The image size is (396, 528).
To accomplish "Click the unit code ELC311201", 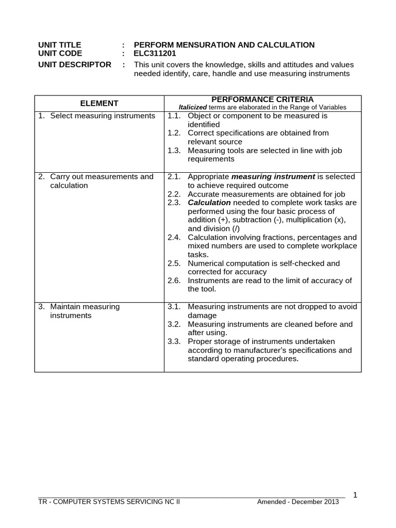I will pyautogui.click(x=155, y=53).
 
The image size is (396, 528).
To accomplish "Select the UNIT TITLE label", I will pyautogui.click(x=60, y=45).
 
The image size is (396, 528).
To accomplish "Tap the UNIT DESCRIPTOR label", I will pyautogui.click(x=75, y=64).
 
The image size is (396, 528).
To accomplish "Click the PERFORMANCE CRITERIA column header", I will pyautogui.click(x=262, y=99).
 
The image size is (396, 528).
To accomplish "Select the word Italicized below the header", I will pyautogui.click(x=192, y=107).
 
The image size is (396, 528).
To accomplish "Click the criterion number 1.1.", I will pyautogui.click(x=175, y=116).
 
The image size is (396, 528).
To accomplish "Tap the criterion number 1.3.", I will pyautogui.click(x=175, y=151).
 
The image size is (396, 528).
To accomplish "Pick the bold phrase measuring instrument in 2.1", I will pyautogui.click(x=273, y=177).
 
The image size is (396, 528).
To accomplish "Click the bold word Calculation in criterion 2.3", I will pyautogui.click(x=209, y=203).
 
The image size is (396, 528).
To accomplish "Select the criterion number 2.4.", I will pyautogui.click(x=175, y=238).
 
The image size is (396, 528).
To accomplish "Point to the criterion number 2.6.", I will pyautogui.click(x=175, y=281).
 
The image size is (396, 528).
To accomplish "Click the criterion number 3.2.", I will pyautogui.click(x=175, y=324).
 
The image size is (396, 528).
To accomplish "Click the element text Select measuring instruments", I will pyautogui.click(x=103, y=116).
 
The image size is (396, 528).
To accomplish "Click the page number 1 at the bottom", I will pyautogui.click(x=355, y=495).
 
